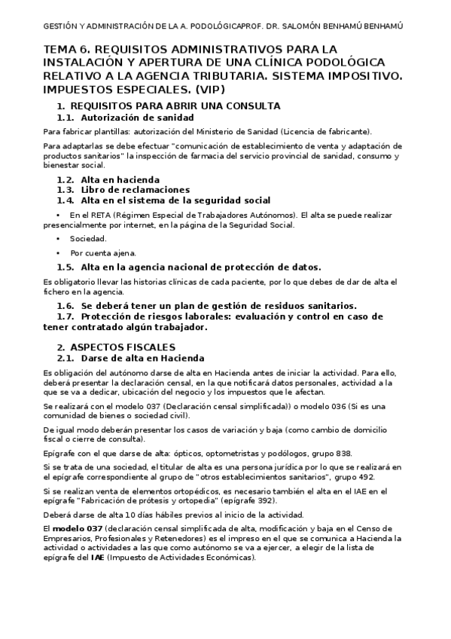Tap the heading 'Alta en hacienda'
point(120,179)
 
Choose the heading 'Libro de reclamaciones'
point(135,190)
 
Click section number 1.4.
point(66,200)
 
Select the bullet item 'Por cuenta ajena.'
point(103,253)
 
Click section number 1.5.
point(66,267)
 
